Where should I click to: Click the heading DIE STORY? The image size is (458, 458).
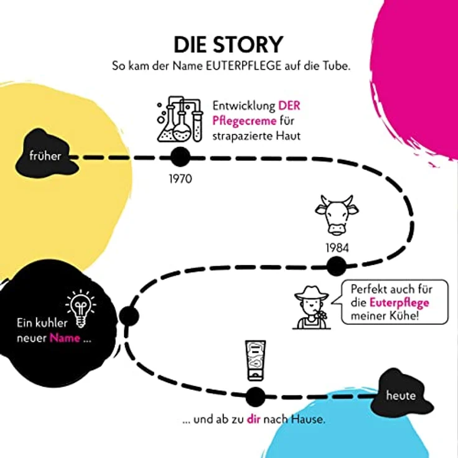228,45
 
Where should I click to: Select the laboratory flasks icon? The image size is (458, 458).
180,119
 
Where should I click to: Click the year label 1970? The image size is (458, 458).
180,179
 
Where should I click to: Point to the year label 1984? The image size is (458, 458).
337,248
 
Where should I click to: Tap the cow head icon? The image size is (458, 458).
337,215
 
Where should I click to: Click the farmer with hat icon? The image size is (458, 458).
311,307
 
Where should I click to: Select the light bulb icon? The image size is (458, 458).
81,309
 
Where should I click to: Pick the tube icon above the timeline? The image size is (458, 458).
255,361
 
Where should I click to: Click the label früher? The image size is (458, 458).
45,156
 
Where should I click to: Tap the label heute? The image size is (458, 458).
401,396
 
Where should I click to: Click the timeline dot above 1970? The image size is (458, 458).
180,157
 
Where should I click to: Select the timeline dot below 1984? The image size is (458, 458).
336,266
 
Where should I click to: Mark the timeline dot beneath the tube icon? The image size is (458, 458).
255,397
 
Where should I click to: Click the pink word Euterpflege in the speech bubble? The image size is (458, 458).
400,303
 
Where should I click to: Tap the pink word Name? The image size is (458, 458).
65,338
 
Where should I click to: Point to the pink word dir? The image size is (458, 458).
253,419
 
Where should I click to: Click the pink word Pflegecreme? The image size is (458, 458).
244,121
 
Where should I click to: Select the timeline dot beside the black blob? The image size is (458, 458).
129,316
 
